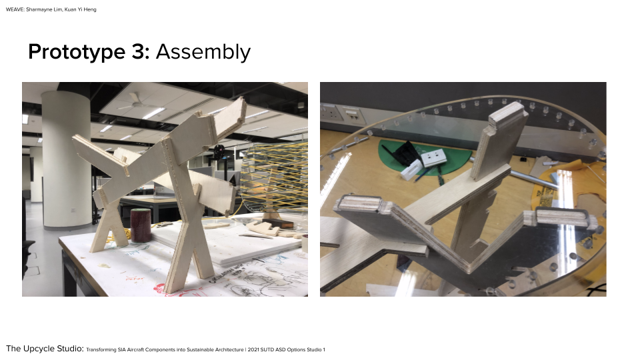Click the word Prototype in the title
(76, 52)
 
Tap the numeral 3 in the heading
(139, 52)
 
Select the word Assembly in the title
(203, 52)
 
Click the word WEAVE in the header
(15, 9)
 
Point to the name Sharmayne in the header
(38, 9)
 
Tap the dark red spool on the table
(141, 225)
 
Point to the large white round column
(66, 159)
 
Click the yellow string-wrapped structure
(274, 175)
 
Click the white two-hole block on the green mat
(433, 157)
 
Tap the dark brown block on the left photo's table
(277, 223)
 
